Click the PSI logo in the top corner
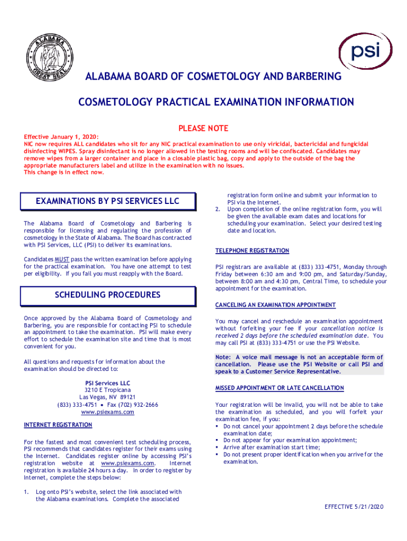(x=365, y=51)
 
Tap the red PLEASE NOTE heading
(x=203, y=128)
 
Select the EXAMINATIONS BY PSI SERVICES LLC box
(x=107, y=201)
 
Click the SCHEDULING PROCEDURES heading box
(x=107, y=295)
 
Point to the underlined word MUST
(x=61, y=259)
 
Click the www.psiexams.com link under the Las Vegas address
(x=107, y=412)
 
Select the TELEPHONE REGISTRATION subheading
(x=252, y=250)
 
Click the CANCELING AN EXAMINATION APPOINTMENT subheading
(x=275, y=305)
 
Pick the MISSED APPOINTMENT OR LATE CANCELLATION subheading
(x=280, y=388)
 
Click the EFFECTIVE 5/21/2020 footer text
(x=354, y=507)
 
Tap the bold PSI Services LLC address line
(x=107, y=383)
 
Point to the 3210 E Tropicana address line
(x=107, y=390)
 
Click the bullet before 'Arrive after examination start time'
(x=217, y=447)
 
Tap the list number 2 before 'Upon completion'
(x=218, y=209)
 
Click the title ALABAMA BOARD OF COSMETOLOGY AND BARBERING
(x=214, y=78)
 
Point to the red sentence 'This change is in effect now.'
(x=64, y=172)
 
